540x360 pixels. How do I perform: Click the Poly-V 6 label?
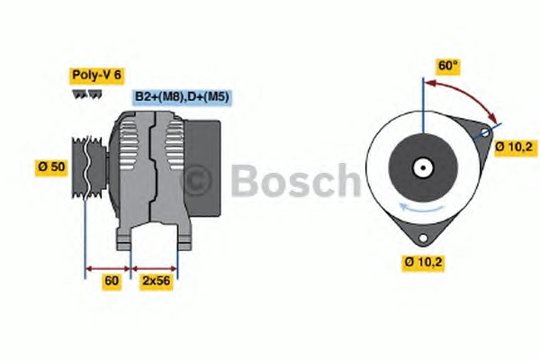(x=96, y=75)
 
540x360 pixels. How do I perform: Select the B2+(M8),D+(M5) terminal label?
(x=182, y=97)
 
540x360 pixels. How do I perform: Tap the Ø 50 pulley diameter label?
(x=51, y=167)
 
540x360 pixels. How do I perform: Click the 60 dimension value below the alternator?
(x=112, y=281)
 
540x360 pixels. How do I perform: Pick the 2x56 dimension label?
(x=157, y=281)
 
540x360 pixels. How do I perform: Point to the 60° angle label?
(x=447, y=66)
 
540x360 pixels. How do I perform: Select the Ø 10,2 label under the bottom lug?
(x=423, y=263)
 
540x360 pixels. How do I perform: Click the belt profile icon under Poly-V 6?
(x=86, y=94)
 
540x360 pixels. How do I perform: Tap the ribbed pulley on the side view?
(x=89, y=167)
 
